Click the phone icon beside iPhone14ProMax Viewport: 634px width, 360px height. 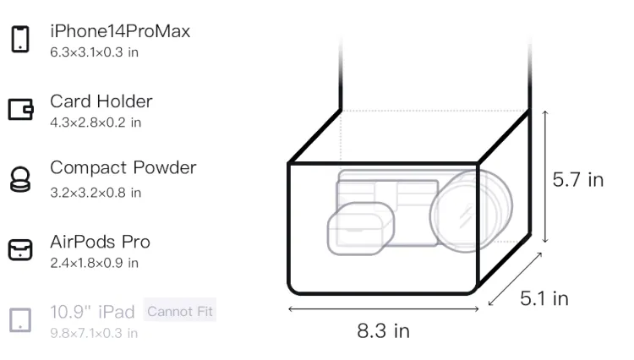20,39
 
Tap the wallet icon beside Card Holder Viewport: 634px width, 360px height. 20,109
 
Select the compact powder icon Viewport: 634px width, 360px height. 20,179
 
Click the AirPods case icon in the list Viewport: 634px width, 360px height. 20,249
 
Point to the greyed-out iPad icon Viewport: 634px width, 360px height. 20,320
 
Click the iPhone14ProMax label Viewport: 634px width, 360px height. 120,31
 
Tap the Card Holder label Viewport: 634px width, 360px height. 101,101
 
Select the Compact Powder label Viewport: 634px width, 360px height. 123,168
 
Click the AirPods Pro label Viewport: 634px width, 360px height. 101,242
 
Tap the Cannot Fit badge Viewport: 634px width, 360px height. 180,311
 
